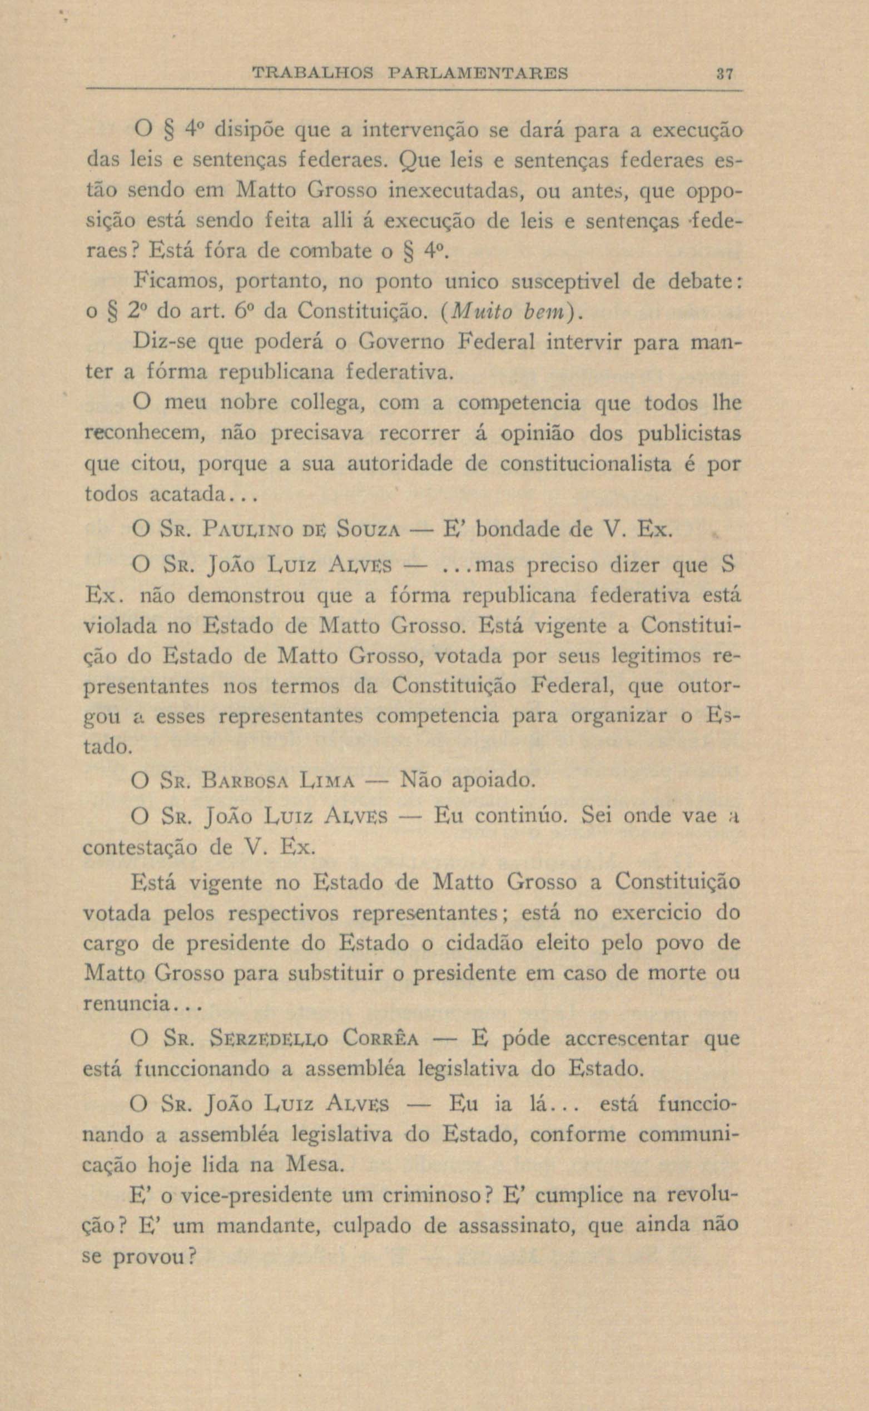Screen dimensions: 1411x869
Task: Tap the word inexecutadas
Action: click(455, 191)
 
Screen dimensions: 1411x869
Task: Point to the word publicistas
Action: click(688, 433)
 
